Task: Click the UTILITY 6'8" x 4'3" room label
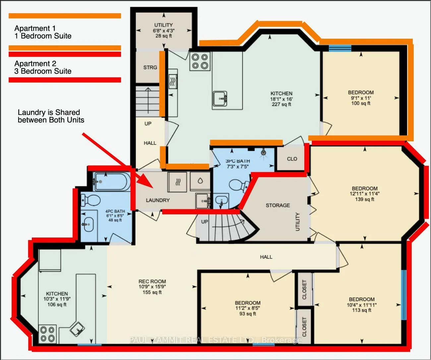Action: click(x=163, y=30)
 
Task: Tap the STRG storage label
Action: click(x=150, y=68)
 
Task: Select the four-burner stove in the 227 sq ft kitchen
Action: click(x=200, y=61)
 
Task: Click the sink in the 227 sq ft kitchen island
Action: click(x=220, y=99)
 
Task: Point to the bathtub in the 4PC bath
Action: click(x=111, y=181)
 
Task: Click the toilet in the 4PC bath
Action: click(x=90, y=200)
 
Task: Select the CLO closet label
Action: click(x=292, y=159)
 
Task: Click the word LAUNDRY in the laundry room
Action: click(x=158, y=200)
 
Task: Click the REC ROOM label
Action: click(x=152, y=282)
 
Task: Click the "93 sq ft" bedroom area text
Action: click(x=248, y=314)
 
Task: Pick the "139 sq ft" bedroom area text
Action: click(x=365, y=199)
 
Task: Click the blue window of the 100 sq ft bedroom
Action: click(x=340, y=48)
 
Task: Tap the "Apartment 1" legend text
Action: click(x=35, y=28)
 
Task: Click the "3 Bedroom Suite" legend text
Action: click(x=43, y=71)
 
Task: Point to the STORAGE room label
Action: click(x=278, y=205)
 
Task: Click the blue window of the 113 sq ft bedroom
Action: click(x=403, y=295)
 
